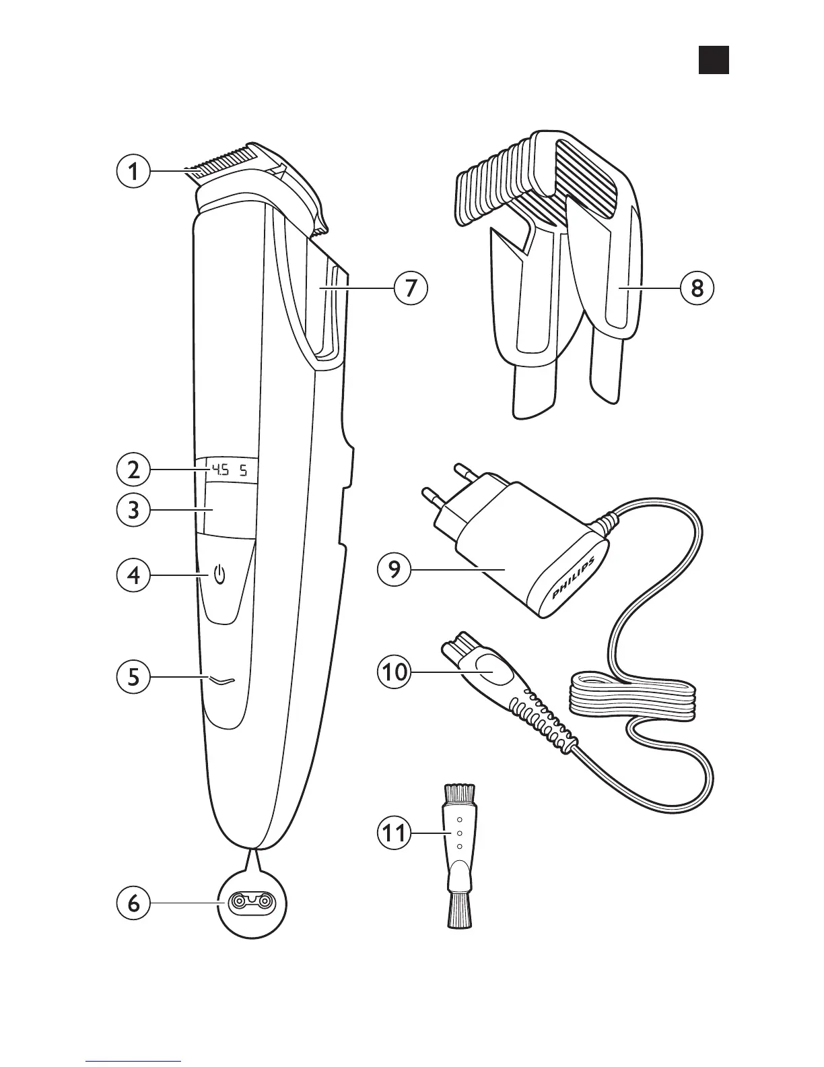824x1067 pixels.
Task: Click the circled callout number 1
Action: [133, 171]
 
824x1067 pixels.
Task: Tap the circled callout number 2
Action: [133, 470]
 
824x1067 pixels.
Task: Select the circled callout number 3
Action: [133, 509]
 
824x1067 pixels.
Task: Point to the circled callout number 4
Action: [133, 576]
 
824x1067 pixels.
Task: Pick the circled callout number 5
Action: [133, 676]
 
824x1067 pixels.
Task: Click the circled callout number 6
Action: [133, 903]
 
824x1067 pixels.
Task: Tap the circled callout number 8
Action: [697, 288]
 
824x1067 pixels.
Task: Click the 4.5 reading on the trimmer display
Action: [219, 470]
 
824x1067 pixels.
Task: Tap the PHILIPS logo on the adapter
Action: [574, 579]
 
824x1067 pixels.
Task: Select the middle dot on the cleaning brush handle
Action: [459, 833]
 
